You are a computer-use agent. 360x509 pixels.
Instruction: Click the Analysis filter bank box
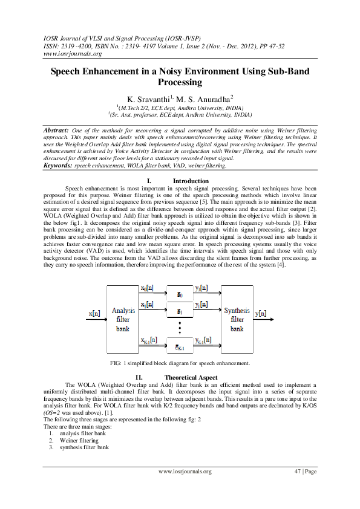click(x=123, y=319)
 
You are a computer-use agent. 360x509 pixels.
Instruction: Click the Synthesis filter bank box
click(x=237, y=319)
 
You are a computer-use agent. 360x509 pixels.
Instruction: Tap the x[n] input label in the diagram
click(x=94, y=313)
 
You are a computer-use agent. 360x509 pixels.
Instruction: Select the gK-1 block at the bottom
click(x=180, y=347)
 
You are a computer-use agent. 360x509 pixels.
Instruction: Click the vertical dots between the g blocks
click(x=180, y=329)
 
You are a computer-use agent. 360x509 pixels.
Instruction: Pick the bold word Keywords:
click(x=59, y=165)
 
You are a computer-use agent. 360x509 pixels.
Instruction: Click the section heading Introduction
click(x=191, y=181)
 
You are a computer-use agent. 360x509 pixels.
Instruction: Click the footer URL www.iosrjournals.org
click(x=185, y=472)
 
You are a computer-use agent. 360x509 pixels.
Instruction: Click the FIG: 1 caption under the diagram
click(x=180, y=363)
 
